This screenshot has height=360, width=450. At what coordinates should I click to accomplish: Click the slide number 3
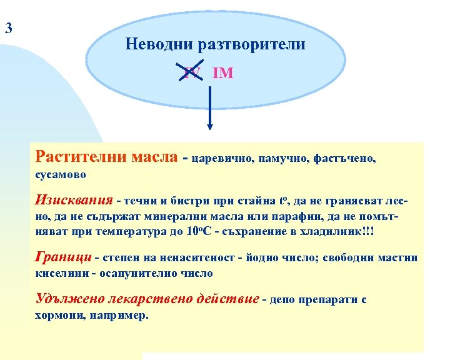[x=7, y=27]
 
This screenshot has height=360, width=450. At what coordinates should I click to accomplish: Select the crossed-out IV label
[x=192, y=73]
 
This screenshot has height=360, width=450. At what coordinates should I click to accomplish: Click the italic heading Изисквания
[x=74, y=201]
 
